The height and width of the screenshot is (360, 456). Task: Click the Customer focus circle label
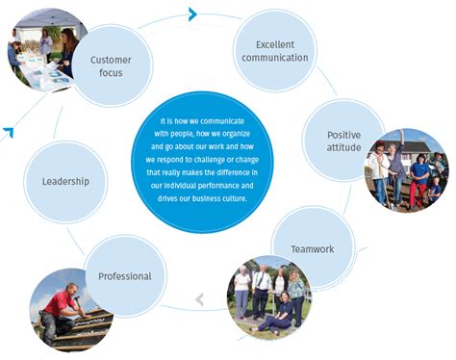[111, 65]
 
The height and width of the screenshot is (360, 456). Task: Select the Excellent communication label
[282, 51]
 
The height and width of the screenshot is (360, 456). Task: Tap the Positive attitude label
[343, 141]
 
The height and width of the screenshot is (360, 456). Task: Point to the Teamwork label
[313, 248]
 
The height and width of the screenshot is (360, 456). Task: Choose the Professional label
[125, 276]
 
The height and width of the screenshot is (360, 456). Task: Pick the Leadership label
[65, 181]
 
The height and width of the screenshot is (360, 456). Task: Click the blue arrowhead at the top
[193, 13]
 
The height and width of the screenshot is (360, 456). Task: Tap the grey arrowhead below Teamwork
[200, 299]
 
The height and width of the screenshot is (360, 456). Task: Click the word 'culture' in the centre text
[233, 197]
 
